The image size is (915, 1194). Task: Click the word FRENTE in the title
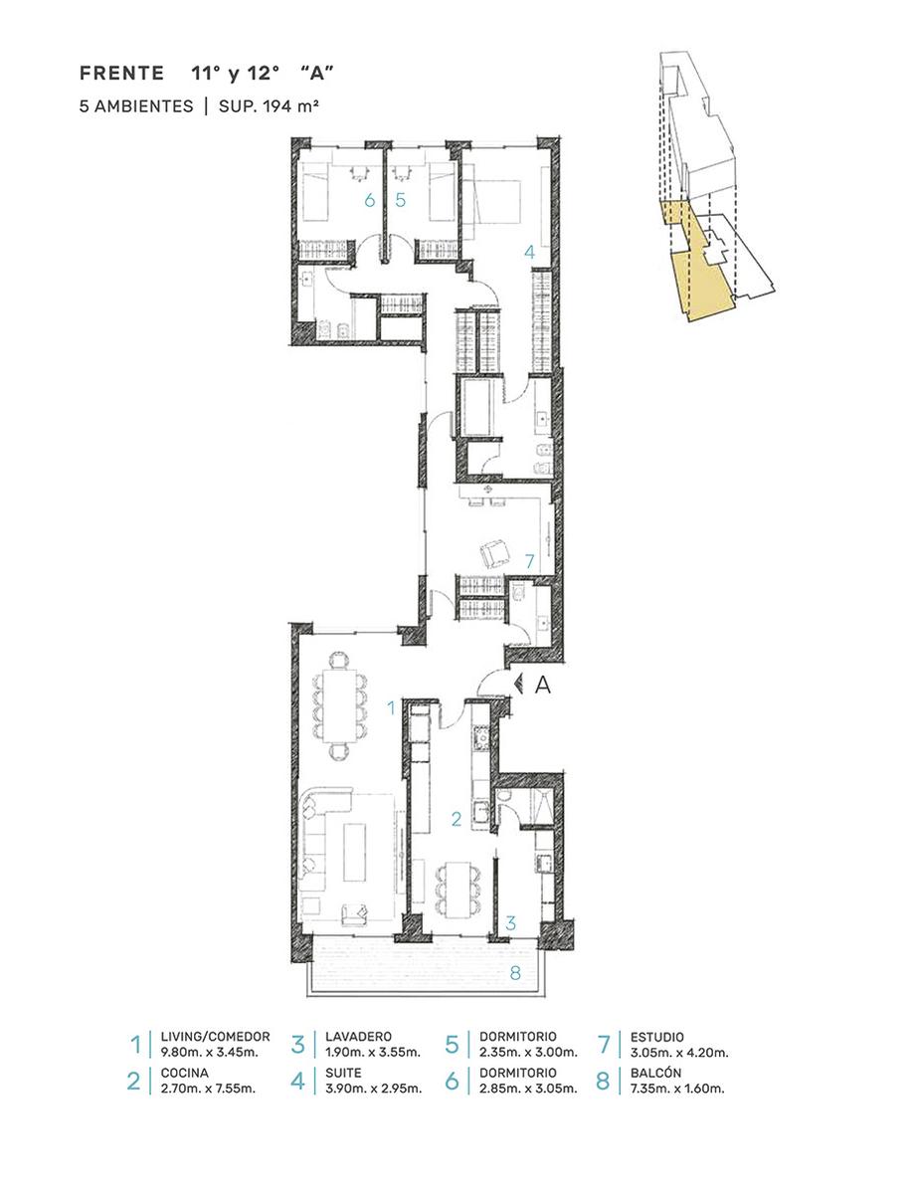(121, 73)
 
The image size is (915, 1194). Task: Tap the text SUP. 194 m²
(268, 105)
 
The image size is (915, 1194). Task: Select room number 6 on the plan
(370, 201)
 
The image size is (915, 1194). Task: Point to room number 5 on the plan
(401, 200)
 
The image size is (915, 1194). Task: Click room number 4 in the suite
(529, 252)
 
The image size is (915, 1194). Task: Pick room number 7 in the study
(529, 561)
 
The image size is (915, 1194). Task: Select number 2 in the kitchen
(456, 819)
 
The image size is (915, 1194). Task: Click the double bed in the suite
(491, 202)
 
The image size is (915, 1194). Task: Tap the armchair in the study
(494, 553)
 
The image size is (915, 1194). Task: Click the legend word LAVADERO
(358, 1037)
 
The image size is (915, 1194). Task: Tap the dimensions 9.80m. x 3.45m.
(209, 1053)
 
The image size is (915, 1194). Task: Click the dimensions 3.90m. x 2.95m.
(374, 1089)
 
